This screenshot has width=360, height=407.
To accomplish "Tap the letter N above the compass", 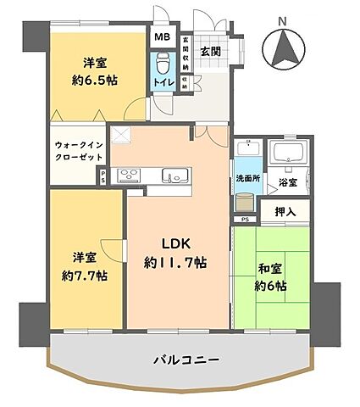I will tap(285, 18).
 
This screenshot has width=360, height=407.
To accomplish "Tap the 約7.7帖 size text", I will tap(83, 276).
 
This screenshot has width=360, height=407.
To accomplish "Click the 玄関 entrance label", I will tap(210, 50).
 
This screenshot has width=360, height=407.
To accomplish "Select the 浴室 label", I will tap(287, 181).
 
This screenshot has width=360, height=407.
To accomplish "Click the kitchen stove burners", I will tap(130, 176).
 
